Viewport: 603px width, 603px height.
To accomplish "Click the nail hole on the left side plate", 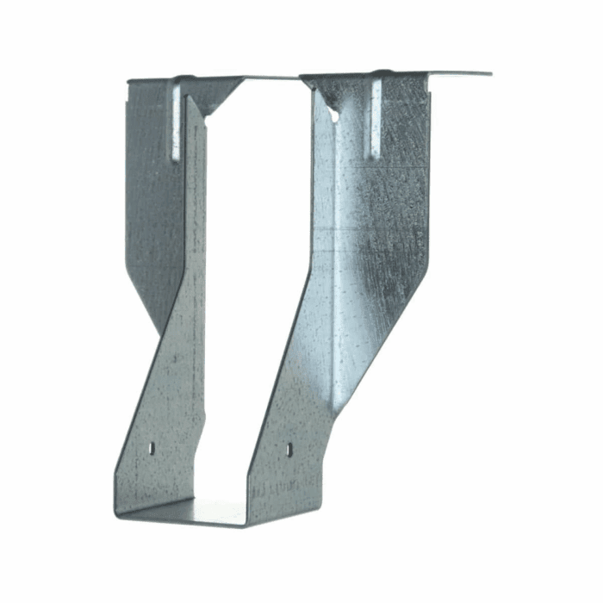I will point(152,448).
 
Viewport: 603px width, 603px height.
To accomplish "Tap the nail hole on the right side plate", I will point(289,449).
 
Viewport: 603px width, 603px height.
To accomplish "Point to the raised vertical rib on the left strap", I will point(177,121).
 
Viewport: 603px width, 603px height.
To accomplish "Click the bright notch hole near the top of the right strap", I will point(333,112).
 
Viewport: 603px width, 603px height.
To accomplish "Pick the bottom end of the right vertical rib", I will point(376,157).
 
